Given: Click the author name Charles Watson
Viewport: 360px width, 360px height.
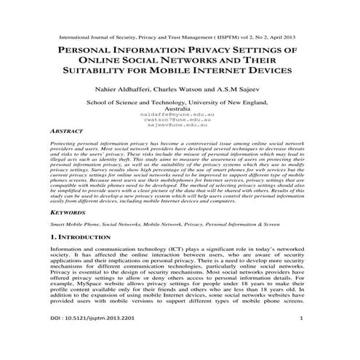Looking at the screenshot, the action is (x=180, y=90).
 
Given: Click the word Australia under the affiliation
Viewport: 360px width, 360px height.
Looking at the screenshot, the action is (x=179, y=108).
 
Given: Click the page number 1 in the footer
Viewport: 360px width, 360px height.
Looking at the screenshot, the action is (x=300, y=339).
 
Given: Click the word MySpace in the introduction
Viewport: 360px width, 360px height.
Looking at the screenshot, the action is (x=86, y=297).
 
